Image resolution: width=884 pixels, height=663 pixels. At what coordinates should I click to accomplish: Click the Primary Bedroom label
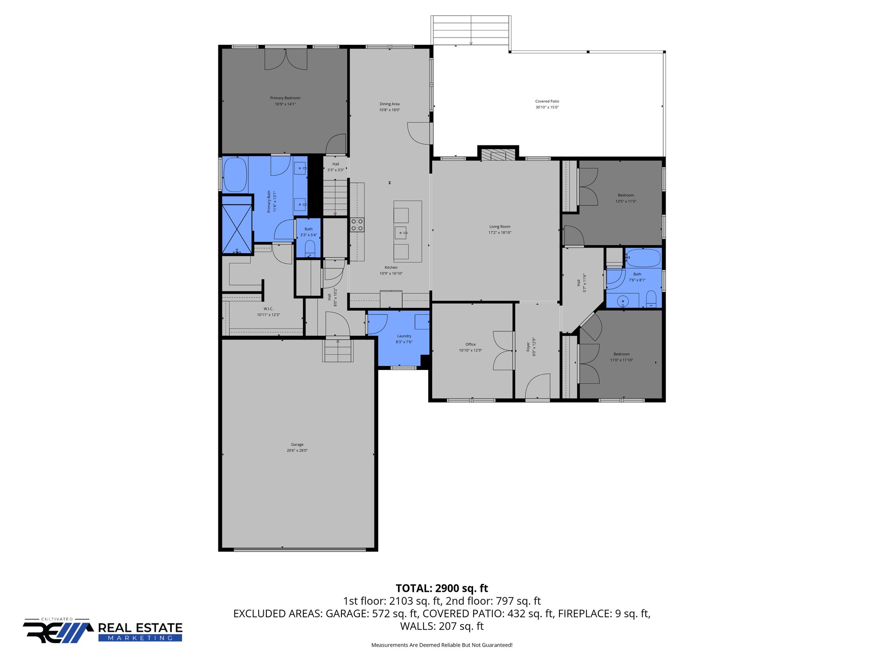click(285, 98)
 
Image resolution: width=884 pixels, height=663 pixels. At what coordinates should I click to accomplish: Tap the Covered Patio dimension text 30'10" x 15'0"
click(547, 107)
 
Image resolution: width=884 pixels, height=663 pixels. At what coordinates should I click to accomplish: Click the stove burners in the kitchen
click(357, 224)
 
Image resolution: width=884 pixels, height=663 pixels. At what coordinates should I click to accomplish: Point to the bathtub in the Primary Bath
click(235, 175)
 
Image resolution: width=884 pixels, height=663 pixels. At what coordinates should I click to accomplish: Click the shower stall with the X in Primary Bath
click(237, 229)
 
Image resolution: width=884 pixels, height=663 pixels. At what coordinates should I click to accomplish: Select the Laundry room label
click(404, 336)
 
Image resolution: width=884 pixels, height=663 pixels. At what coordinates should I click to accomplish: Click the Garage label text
click(297, 445)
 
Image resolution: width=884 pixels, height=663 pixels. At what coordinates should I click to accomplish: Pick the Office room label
click(470, 344)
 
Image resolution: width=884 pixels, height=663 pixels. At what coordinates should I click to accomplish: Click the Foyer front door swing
click(537, 386)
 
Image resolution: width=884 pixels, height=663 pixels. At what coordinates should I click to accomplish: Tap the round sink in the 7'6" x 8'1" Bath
click(623, 300)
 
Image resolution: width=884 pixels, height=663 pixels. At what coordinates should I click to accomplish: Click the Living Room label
click(499, 227)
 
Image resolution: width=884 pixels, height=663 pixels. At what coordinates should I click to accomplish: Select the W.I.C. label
click(268, 309)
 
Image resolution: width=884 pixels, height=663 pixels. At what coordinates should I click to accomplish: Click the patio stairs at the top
click(470, 30)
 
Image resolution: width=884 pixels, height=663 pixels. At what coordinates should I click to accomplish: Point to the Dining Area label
click(389, 104)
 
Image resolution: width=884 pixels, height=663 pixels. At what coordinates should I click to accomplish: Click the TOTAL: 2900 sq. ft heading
click(442, 588)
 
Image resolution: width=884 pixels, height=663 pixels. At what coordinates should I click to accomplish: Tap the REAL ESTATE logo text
click(140, 628)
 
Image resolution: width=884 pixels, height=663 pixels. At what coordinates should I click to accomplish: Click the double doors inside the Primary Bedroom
click(286, 60)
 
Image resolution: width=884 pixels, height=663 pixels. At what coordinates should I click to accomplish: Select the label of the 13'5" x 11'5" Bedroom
click(625, 195)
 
